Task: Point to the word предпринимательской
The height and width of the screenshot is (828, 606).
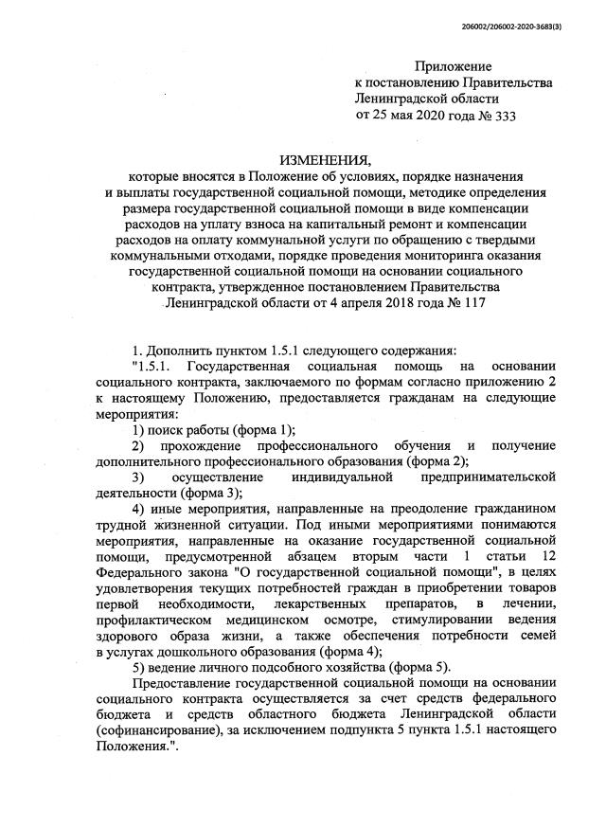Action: pos(489,477)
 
